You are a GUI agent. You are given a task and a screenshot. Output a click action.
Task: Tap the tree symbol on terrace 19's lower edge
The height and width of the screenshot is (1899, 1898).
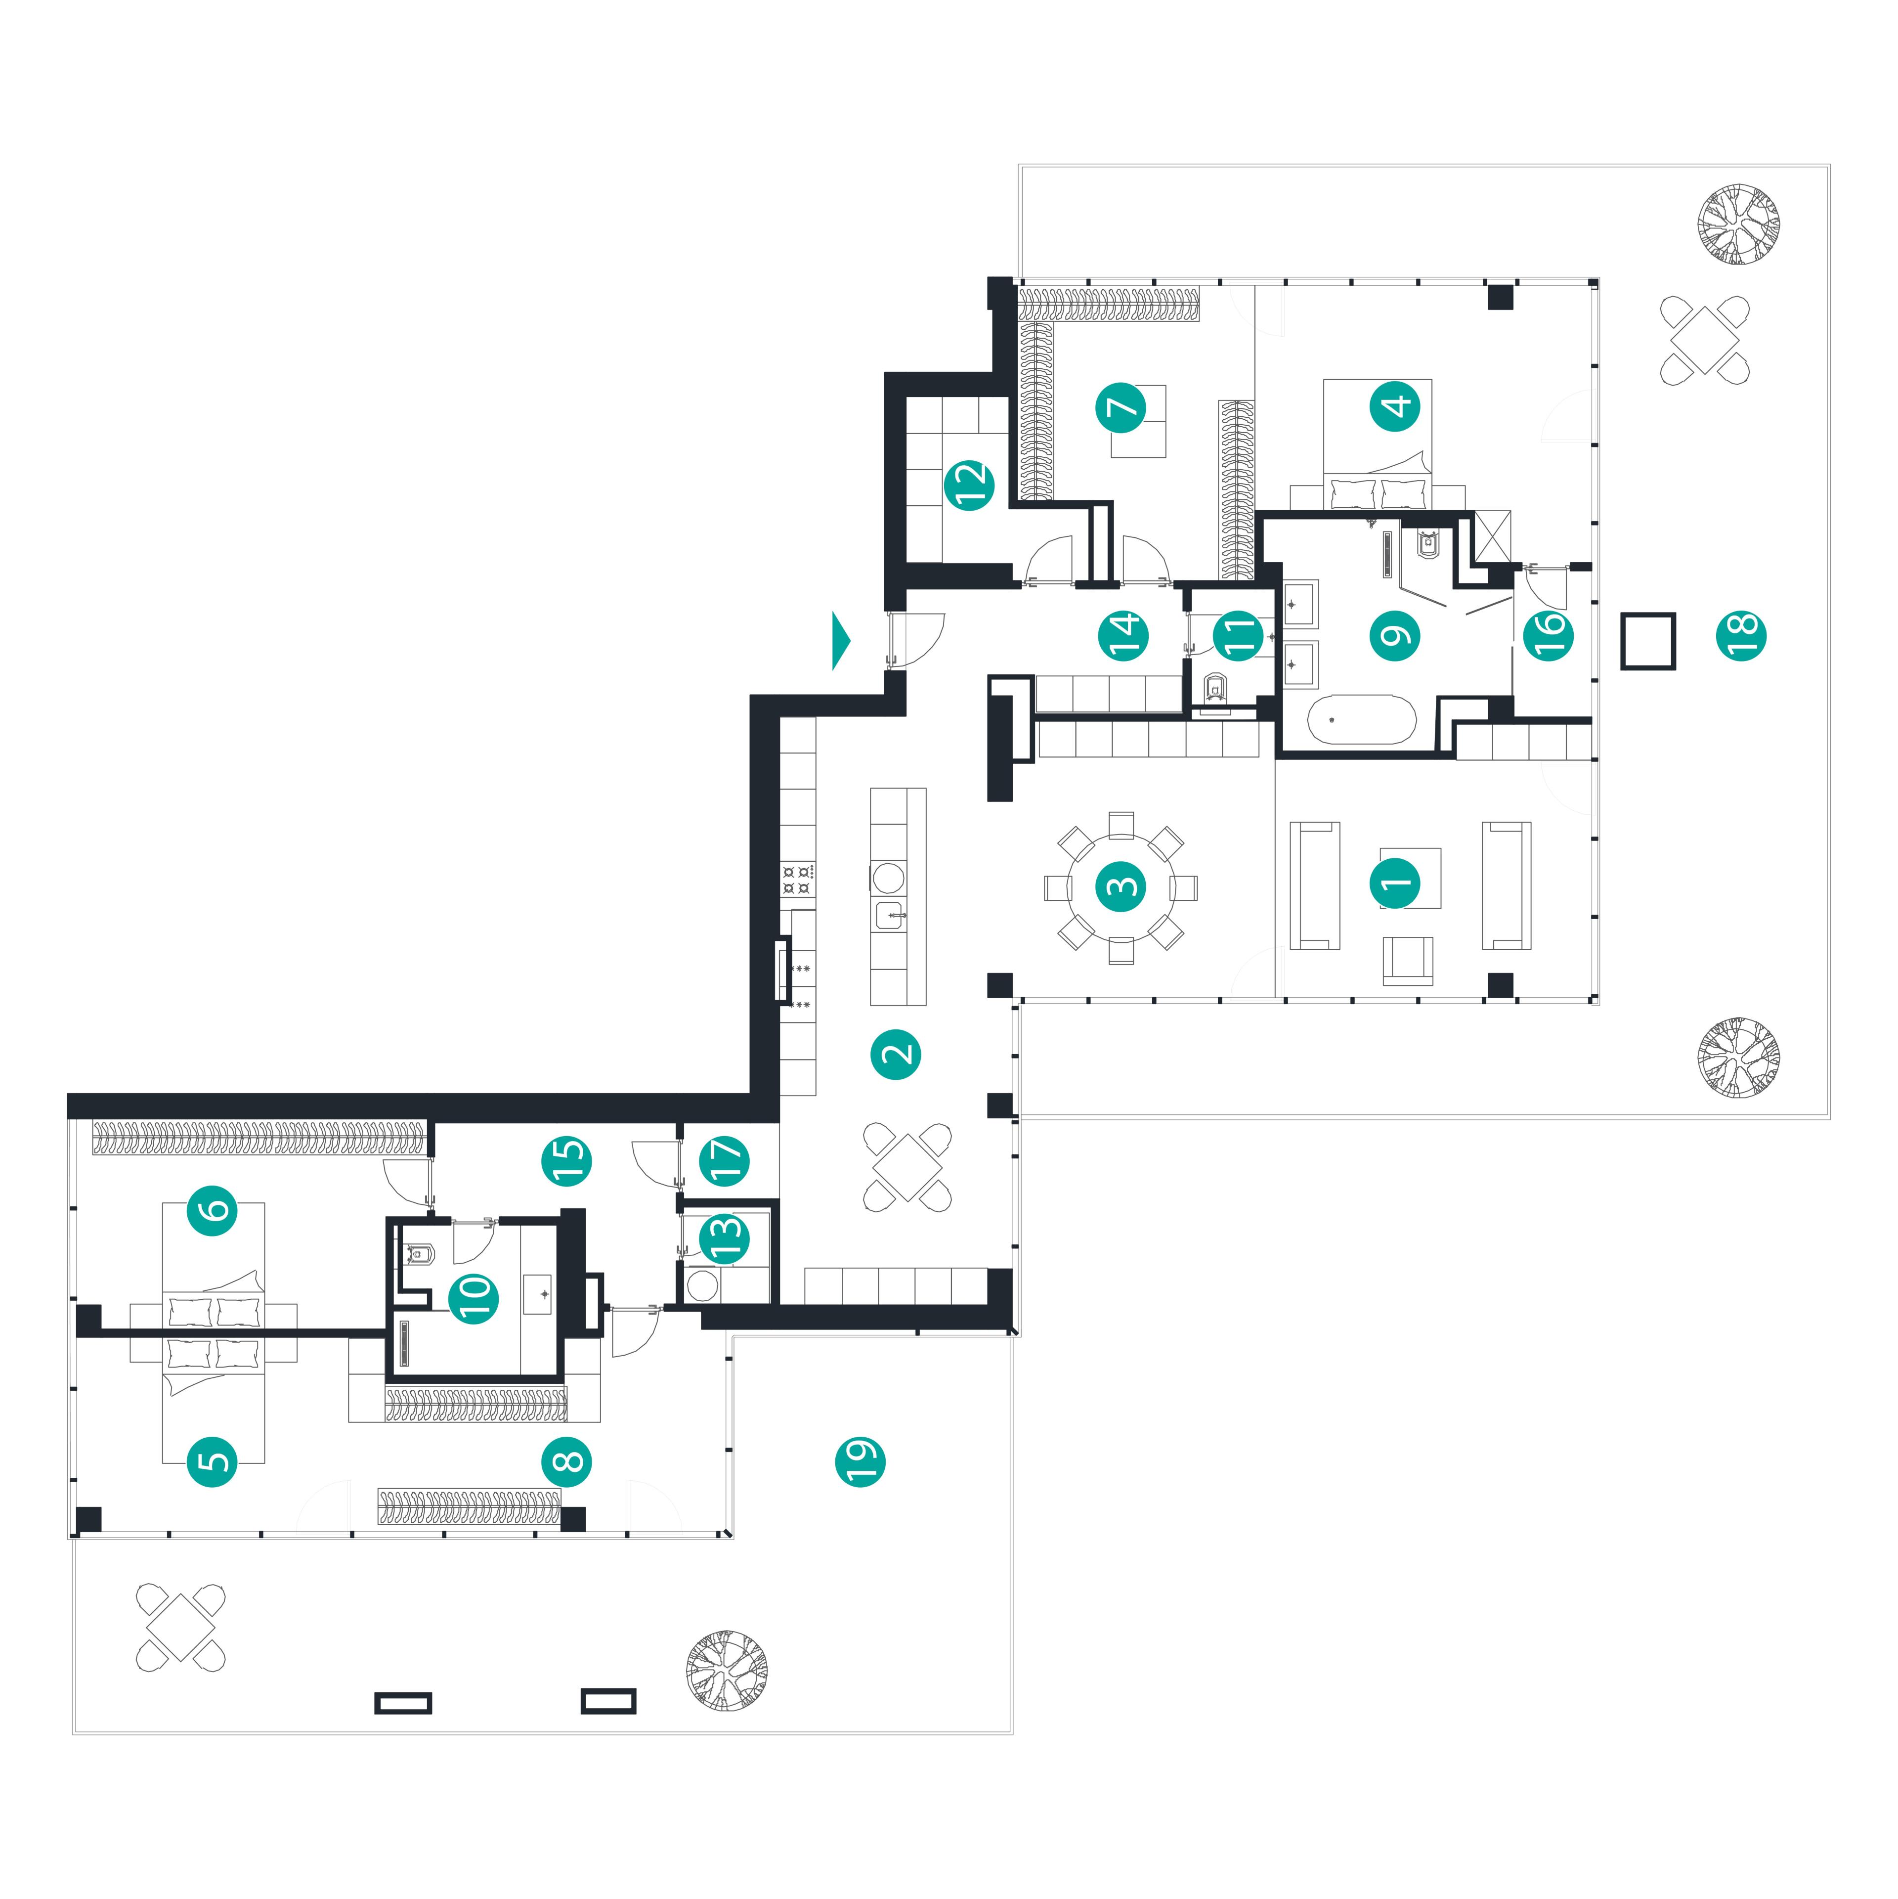click(727, 1671)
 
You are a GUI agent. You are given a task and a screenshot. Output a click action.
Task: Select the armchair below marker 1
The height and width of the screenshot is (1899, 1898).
click(1408, 960)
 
